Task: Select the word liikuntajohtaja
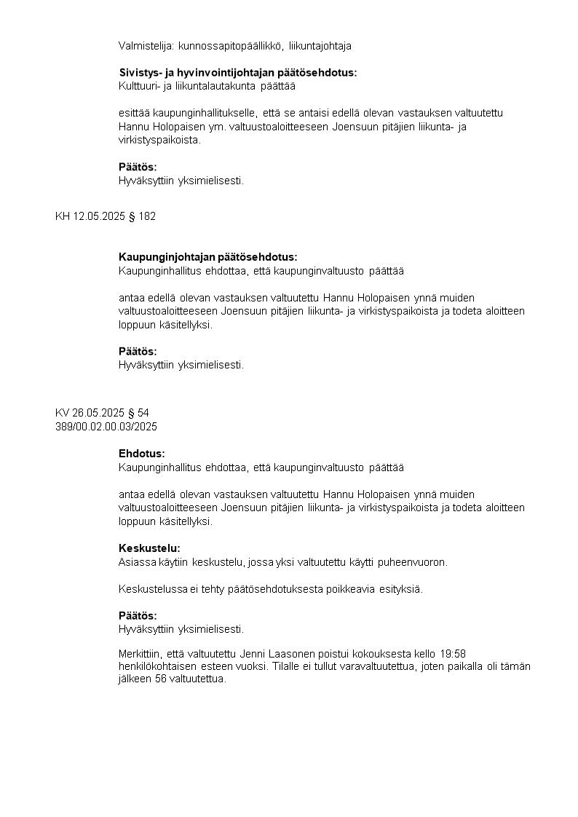click(x=320, y=46)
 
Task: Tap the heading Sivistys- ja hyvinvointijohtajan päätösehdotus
click(x=237, y=73)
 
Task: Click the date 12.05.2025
click(x=99, y=216)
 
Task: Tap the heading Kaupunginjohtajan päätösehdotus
click(x=207, y=257)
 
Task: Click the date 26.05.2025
click(x=99, y=413)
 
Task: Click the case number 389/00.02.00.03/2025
click(x=106, y=426)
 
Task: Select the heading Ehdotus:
click(x=142, y=454)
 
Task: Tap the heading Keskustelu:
click(x=149, y=548)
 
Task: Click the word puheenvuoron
click(x=413, y=562)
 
